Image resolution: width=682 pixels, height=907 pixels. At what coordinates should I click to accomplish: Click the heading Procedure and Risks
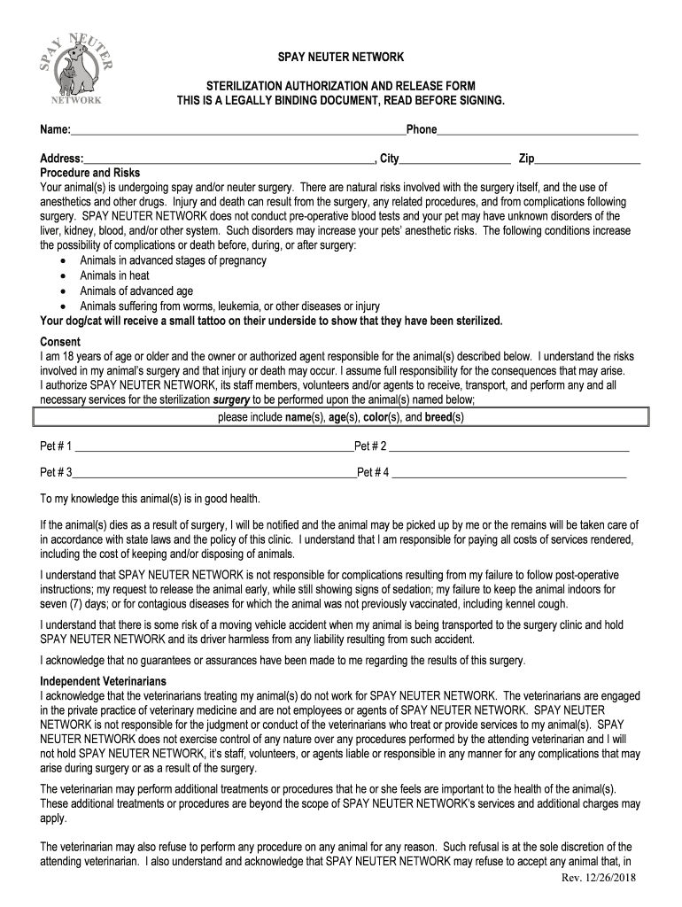click(89, 173)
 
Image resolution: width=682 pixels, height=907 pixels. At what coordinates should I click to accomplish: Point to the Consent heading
click(60, 342)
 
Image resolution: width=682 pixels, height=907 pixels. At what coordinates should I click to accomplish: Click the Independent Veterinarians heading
click(104, 681)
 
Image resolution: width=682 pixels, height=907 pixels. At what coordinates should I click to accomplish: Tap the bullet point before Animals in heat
click(63, 276)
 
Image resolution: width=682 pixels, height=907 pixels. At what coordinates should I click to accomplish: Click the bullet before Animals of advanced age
click(63, 291)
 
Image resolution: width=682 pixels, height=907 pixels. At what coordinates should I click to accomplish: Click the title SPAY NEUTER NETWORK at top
click(341, 58)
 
